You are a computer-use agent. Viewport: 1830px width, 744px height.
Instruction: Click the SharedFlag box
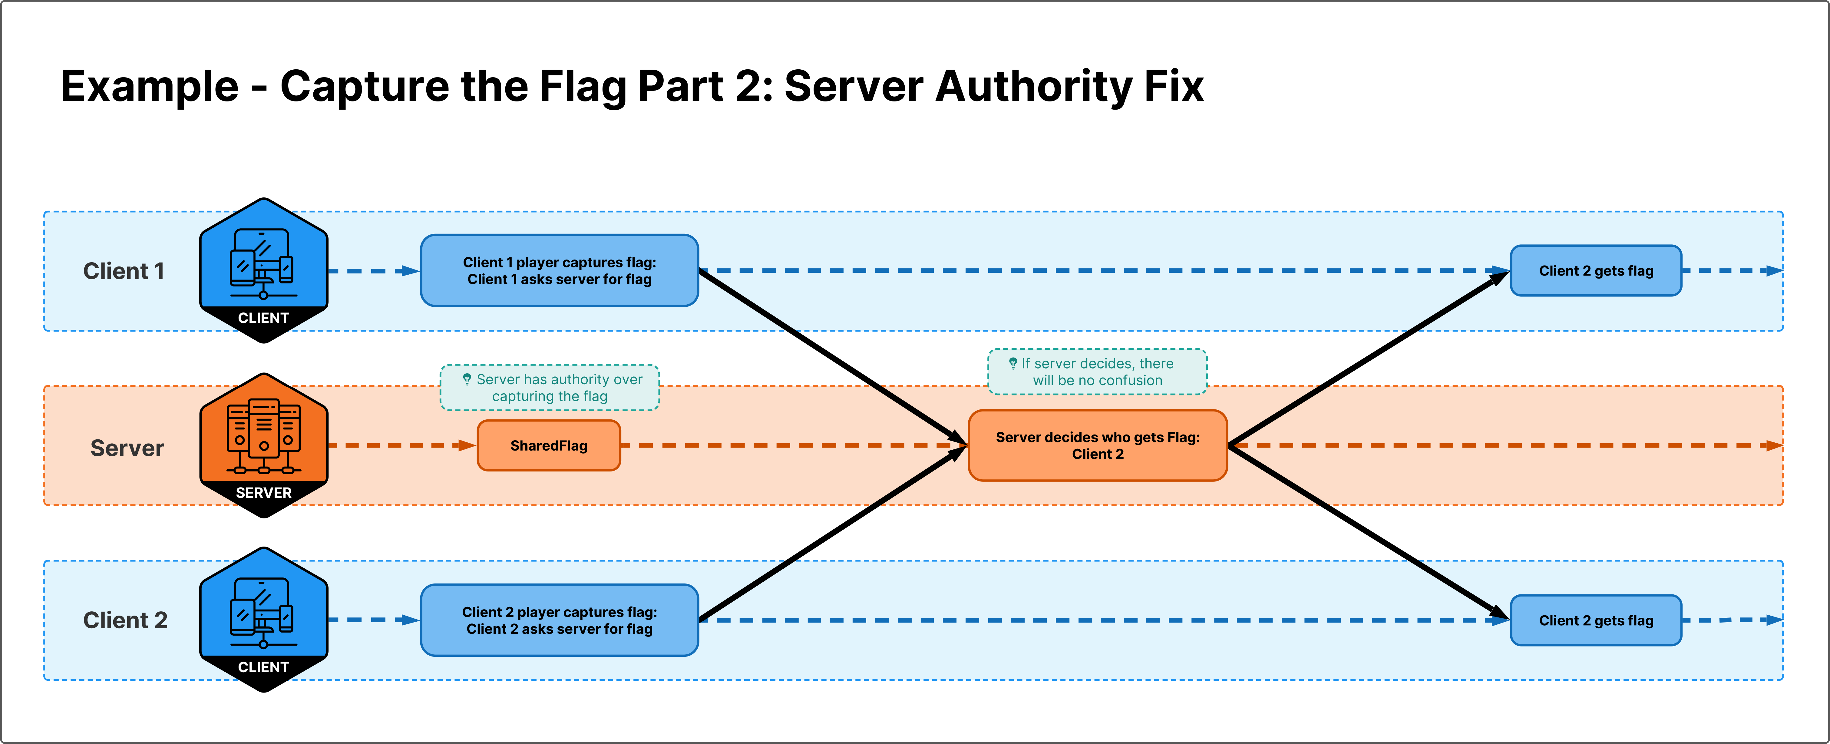coord(548,445)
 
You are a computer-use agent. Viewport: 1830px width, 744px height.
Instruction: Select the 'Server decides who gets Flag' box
coord(1098,445)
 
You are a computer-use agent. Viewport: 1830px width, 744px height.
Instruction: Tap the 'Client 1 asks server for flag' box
coord(559,271)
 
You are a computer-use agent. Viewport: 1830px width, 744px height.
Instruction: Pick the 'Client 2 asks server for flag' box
coord(559,620)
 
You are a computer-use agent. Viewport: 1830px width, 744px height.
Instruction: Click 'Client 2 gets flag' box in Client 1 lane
coord(1596,271)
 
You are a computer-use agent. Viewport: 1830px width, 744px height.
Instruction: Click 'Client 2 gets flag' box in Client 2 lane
coord(1596,620)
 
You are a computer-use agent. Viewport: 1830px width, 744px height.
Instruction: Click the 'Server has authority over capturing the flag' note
coord(550,388)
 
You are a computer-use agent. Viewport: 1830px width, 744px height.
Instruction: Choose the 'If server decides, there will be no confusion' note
coord(1098,372)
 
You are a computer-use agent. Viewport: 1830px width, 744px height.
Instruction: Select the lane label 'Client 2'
coord(125,620)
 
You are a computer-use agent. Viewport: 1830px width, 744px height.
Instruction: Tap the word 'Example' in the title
coord(149,87)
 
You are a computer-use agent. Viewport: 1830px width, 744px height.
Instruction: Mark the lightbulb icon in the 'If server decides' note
coord(1013,363)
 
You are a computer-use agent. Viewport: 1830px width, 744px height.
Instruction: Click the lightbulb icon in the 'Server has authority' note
coord(467,379)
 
